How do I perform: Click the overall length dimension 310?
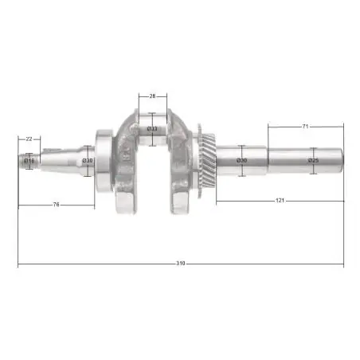pos(181,264)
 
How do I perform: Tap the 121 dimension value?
pos(280,201)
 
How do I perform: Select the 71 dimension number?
pos(305,127)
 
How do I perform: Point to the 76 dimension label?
pos(56,205)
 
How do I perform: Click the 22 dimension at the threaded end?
pos(29,139)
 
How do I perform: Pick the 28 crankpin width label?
pos(152,96)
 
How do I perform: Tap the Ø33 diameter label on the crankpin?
pos(152,129)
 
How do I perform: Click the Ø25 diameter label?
pos(314,160)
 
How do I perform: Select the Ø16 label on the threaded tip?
pos(29,161)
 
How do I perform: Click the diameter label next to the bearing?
pos(88,160)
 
